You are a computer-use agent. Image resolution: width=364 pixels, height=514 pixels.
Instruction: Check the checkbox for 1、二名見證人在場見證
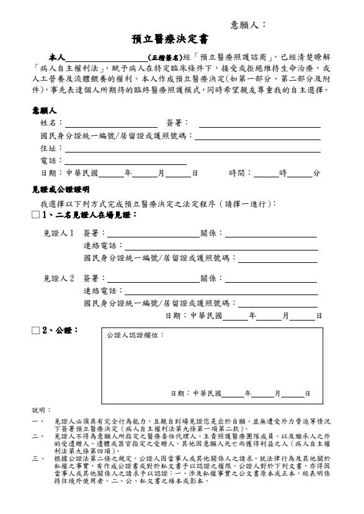[x=35, y=215]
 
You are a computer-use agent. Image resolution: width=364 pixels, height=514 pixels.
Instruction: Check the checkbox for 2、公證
[x=35, y=330]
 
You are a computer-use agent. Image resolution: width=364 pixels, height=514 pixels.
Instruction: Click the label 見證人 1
[x=59, y=234]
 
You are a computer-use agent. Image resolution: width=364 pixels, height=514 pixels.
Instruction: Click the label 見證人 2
[x=59, y=278]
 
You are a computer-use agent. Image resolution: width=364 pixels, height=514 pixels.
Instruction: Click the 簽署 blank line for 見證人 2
[x=153, y=280]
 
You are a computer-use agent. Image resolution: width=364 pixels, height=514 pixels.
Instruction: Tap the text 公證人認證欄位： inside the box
[x=136, y=335]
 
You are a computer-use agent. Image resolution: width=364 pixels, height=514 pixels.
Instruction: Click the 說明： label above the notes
[x=39, y=410]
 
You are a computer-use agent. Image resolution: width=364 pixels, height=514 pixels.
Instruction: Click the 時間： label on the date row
[x=241, y=174]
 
